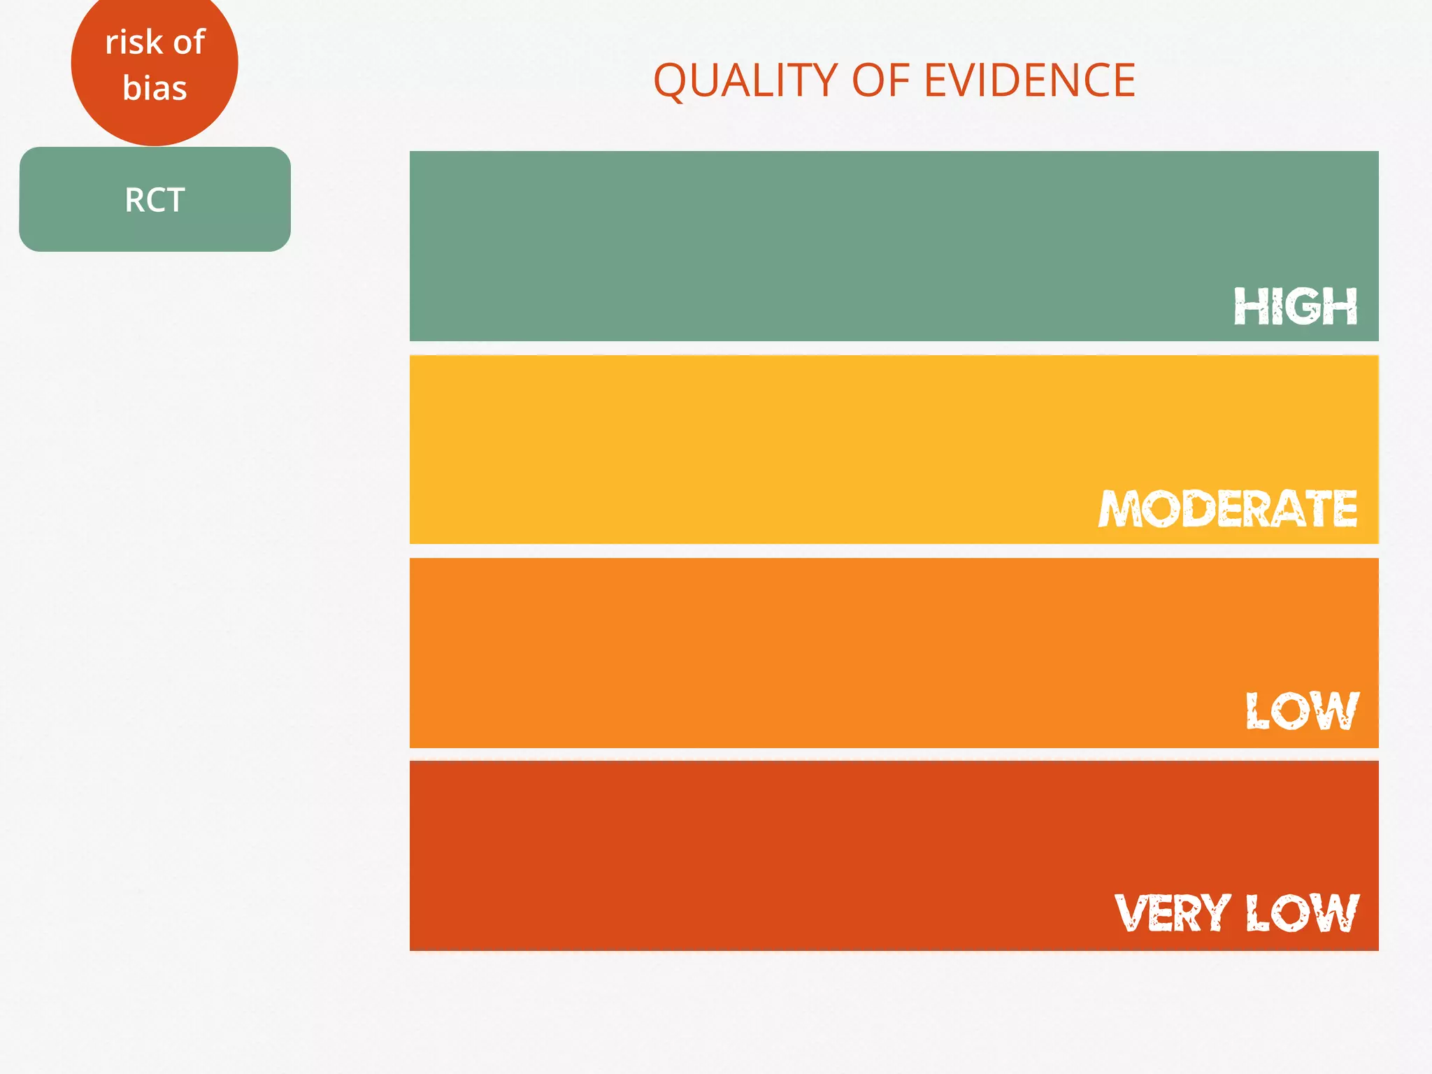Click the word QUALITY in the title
745,80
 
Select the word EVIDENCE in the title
1029,80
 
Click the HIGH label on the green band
1295,306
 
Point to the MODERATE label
1228,508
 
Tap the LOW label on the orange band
1302,711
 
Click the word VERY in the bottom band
1172,913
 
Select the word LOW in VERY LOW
1302,913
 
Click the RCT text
155,200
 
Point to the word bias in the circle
155,88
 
